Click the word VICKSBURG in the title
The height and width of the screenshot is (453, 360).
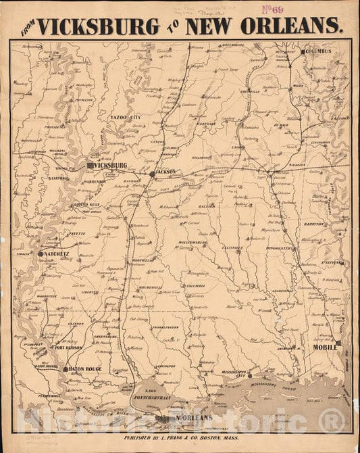tap(99, 26)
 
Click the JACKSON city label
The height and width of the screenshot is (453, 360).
tap(165, 172)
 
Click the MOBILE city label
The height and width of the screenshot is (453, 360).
tap(325, 347)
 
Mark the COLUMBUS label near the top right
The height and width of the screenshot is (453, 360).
tap(318, 51)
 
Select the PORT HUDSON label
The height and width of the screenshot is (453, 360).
tap(70, 349)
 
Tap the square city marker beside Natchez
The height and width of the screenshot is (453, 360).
tap(40, 254)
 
